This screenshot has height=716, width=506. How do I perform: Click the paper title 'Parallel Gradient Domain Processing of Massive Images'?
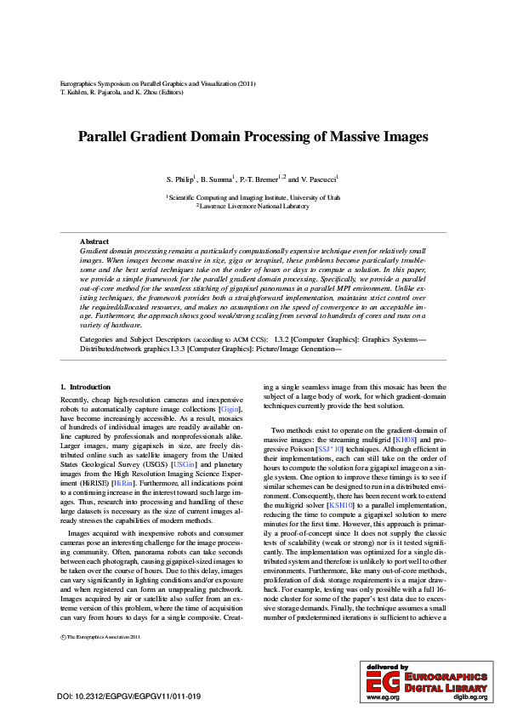coord(253,136)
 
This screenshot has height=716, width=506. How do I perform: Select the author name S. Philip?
coord(180,180)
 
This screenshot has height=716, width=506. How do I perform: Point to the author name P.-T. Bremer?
coord(259,180)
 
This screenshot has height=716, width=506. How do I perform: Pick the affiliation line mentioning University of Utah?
coord(253,196)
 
